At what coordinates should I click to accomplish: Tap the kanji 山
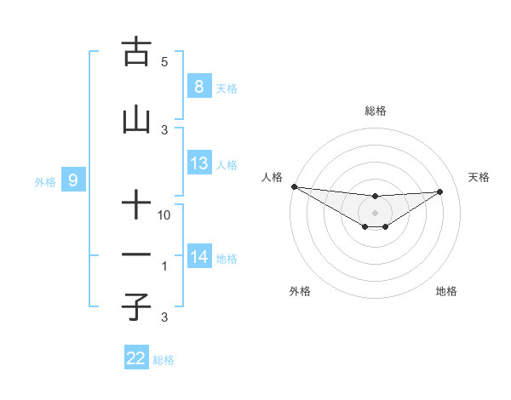click(136, 121)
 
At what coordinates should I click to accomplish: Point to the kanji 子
click(136, 306)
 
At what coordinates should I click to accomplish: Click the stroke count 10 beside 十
click(165, 215)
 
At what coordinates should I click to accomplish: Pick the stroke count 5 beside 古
click(164, 62)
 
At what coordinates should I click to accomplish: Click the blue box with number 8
click(198, 87)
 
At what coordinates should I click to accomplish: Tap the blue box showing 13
click(198, 163)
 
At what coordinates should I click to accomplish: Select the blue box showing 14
click(198, 257)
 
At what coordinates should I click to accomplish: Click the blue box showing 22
click(136, 358)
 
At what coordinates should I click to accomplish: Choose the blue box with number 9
click(73, 180)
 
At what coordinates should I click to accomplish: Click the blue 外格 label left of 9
click(45, 181)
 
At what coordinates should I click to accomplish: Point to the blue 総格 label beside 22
click(164, 360)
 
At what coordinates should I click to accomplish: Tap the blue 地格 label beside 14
click(227, 259)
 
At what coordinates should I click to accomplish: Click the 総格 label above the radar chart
click(375, 111)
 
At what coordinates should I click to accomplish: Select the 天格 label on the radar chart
click(479, 177)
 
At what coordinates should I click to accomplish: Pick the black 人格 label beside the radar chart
click(271, 177)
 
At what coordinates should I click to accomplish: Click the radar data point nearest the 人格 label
click(294, 186)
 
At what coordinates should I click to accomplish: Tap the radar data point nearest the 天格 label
click(440, 191)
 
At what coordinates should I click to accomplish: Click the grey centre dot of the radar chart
click(375, 212)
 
